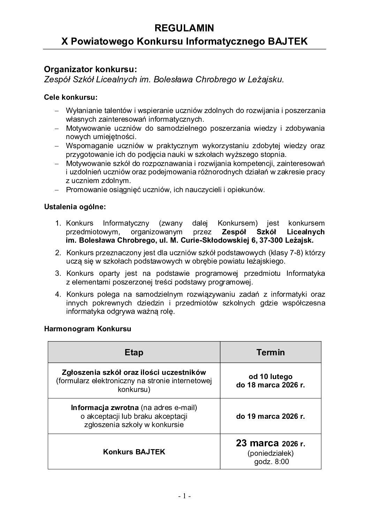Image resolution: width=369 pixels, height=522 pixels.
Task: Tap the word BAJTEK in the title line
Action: point(287,41)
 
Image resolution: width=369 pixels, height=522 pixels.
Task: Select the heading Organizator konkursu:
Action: point(88,68)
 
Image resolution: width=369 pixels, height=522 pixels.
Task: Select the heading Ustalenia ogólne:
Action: point(75,207)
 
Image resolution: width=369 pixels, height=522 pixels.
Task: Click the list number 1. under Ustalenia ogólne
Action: point(58,223)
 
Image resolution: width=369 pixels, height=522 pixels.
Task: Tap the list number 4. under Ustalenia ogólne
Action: point(58,294)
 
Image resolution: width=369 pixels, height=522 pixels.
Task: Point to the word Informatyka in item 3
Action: point(306,273)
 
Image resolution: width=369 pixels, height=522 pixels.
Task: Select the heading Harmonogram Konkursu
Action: point(88,329)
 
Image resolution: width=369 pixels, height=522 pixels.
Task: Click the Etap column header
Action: point(134,352)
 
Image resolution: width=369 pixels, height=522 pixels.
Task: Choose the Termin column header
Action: point(271,352)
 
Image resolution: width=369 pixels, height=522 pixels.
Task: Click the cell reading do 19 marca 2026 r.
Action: point(271,416)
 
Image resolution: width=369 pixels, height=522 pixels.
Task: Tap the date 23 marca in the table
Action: point(257,443)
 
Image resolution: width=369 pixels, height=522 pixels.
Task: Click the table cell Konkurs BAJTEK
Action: point(134,452)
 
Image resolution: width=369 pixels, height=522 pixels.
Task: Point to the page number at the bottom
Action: point(184,496)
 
